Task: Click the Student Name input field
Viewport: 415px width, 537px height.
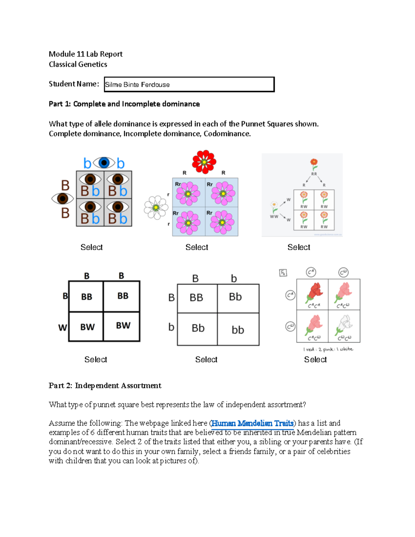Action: tap(189, 84)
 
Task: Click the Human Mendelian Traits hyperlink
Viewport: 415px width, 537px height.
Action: tap(252, 423)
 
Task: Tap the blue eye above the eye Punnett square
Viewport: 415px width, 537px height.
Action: tap(104, 163)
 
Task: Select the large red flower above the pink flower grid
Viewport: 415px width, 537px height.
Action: tap(204, 161)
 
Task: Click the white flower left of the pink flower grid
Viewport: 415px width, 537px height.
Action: tap(156, 207)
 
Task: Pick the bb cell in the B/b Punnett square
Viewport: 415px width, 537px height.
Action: tap(238, 330)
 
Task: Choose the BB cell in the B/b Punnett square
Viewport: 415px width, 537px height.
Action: tap(196, 297)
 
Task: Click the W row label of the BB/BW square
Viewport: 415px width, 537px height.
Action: tap(62, 327)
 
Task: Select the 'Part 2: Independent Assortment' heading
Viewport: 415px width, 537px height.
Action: tap(105, 386)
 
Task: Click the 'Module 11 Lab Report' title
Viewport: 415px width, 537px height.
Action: tap(85, 54)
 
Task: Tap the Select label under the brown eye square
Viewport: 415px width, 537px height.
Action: tap(91, 247)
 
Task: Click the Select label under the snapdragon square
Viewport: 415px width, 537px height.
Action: tap(315, 360)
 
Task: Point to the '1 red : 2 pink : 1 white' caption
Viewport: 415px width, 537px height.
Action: tap(328, 349)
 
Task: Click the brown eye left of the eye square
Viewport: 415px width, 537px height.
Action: tap(63, 199)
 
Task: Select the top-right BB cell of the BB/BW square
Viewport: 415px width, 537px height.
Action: tap(123, 296)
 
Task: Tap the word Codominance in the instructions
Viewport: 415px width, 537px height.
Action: tap(227, 134)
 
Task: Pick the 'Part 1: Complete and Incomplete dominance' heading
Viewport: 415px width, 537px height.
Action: tap(124, 104)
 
